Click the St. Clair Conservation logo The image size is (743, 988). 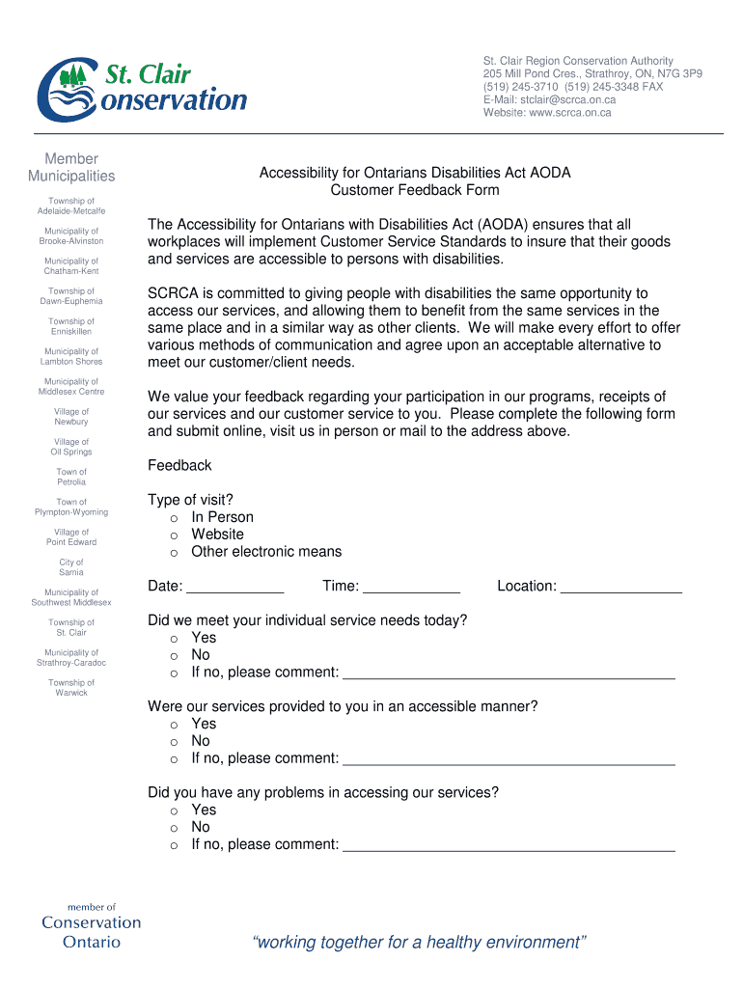pos(141,86)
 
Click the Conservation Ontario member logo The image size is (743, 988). pos(91,926)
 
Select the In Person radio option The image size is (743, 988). pos(175,517)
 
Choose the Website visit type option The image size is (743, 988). pos(175,535)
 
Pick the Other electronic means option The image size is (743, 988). pos(175,552)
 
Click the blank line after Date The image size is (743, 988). pos(234,588)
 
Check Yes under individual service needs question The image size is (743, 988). pos(175,638)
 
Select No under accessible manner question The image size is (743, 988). pos(175,741)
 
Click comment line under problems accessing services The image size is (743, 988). pos(509,846)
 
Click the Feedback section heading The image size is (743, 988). pos(179,465)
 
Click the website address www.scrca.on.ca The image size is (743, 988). pos(569,112)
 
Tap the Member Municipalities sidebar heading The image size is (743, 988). pos(71,167)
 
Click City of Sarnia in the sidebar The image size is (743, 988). pos(71,567)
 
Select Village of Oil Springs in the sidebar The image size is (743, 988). pos(71,447)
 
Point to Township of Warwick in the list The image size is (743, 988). pos(71,688)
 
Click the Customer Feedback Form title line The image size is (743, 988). pos(415,190)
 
